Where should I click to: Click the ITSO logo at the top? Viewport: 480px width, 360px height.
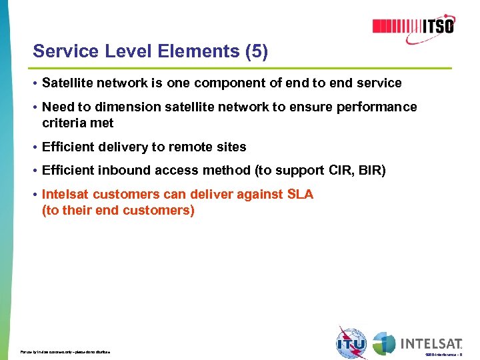coord(413,26)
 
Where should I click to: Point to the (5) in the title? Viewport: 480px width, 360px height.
coord(256,51)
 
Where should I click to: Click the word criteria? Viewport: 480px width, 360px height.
coord(63,123)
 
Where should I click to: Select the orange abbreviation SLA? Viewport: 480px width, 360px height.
coord(299,195)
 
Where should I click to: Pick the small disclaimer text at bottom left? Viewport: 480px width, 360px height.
coord(65,351)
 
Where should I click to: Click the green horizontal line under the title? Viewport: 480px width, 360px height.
coord(240,69)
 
